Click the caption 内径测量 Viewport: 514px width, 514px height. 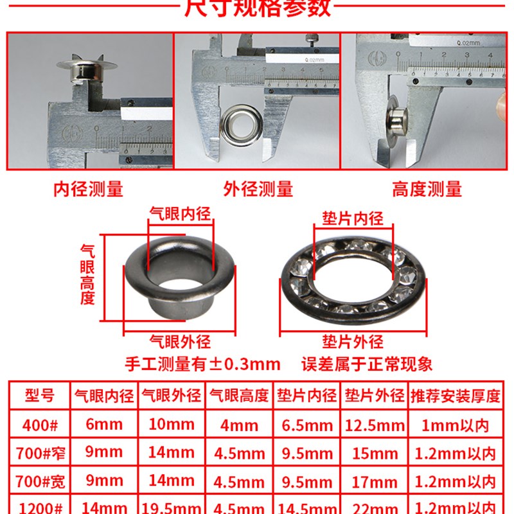click(x=88, y=189)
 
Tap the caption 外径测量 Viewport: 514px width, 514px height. click(x=258, y=189)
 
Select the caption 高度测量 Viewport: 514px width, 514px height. click(x=427, y=189)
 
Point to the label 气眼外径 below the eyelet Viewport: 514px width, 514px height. click(x=180, y=341)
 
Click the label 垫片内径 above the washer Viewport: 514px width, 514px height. click(x=353, y=218)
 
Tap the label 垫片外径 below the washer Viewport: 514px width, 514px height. click(x=353, y=341)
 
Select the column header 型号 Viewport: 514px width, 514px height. click(x=40, y=395)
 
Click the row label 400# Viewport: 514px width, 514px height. click(x=40, y=425)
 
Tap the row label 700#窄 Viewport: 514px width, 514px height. click(x=40, y=453)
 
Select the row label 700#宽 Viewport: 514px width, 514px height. click(x=40, y=481)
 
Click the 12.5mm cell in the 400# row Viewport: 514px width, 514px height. click(x=375, y=425)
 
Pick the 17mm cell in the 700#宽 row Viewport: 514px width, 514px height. click(x=375, y=481)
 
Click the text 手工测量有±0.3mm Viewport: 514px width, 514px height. click(x=202, y=364)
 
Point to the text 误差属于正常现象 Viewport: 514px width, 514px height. click(x=368, y=364)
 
